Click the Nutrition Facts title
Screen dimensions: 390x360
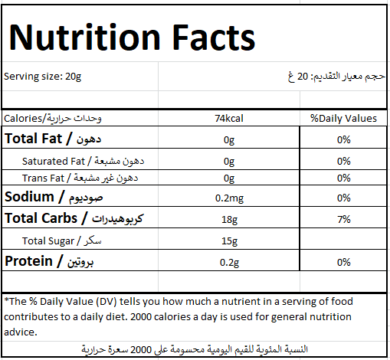[132, 38]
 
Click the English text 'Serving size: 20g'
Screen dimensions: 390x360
[42, 77]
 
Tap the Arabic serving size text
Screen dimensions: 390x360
[336, 76]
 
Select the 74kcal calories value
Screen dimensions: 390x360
[229, 119]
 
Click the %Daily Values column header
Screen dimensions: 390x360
[343, 119]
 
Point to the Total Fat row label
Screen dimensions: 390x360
[53, 139]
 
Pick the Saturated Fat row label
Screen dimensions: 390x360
[83, 161]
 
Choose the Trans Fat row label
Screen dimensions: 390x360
[80, 178]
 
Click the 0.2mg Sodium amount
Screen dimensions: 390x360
[229, 198]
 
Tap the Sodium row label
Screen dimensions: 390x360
[54, 197]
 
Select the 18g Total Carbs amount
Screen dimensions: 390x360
[229, 220]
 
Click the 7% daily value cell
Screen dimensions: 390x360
[344, 219]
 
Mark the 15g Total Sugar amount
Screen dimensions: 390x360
[229, 241]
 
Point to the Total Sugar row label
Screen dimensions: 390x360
[62, 241]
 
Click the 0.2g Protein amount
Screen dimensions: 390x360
[229, 263]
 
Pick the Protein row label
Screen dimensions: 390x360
[49, 261]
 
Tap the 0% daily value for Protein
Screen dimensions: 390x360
[344, 262]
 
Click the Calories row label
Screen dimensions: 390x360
[53, 119]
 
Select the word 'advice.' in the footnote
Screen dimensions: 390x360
[21, 332]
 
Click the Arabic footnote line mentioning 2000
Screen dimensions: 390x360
[195, 349]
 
